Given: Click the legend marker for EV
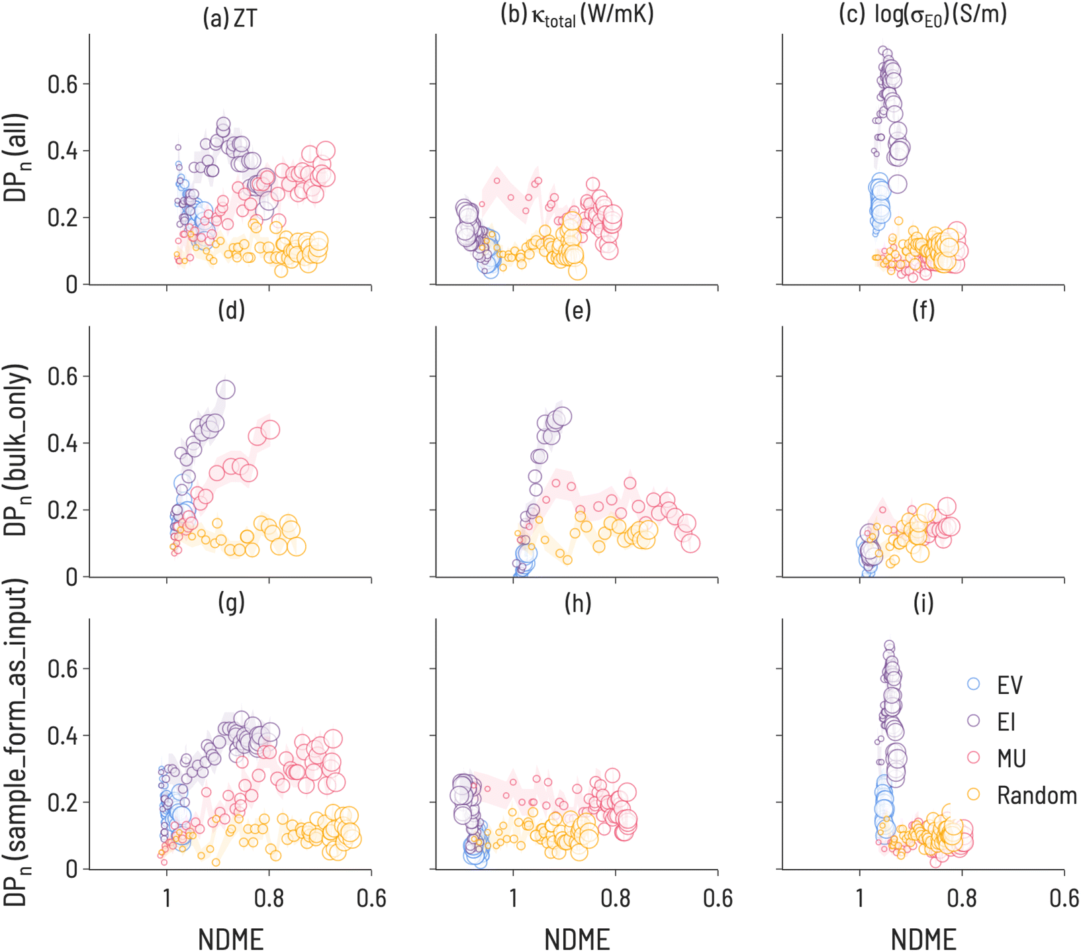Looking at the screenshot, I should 973,685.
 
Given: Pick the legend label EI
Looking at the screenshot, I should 1006,722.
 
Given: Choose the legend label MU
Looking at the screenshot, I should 1011,759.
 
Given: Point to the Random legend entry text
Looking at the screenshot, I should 1037,795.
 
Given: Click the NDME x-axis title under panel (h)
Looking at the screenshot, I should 577,939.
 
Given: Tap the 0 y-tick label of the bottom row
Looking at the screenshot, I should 71,869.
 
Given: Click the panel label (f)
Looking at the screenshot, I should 923,310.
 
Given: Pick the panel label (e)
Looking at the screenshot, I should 577,310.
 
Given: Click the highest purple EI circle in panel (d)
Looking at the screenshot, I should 225,389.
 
